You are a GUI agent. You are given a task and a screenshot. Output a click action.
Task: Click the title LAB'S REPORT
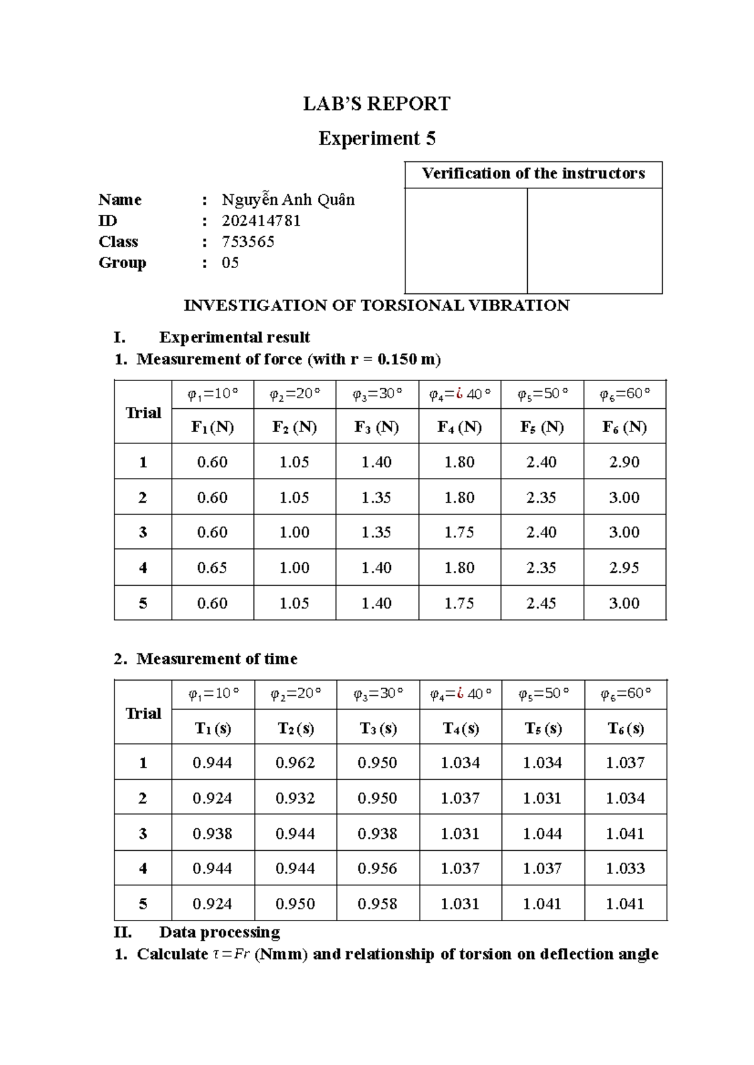click(376, 104)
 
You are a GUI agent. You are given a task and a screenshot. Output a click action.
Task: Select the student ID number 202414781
click(261, 221)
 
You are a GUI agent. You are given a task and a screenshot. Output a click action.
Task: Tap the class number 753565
click(248, 242)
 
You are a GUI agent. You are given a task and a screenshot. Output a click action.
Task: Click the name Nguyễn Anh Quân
click(288, 200)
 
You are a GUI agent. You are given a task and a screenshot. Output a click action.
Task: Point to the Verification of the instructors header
click(533, 174)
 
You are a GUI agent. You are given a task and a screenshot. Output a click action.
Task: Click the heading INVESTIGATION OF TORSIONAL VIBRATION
click(376, 306)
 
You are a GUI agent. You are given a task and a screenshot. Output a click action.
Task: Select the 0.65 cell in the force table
click(212, 568)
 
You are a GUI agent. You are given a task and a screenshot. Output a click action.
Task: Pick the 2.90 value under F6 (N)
click(624, 462)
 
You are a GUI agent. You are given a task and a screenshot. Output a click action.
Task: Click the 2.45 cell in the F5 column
click(541, 603)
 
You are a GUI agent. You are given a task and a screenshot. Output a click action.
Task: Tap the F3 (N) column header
click(376, 427)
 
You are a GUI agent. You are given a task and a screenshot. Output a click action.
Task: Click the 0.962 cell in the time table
click(295, 763)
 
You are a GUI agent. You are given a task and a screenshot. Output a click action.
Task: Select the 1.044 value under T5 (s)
click(542, 833)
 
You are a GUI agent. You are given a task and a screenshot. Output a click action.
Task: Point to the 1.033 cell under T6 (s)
click(625, 868)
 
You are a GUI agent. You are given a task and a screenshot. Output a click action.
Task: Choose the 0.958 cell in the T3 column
click(377, 904)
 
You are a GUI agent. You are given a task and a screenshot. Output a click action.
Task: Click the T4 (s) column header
click(461, 728)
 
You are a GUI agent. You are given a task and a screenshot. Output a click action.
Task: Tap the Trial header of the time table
click(143, 713)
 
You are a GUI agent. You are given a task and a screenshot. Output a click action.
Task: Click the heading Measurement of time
click(217, 659)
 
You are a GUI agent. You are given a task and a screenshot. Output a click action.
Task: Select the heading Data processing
click(219, 932)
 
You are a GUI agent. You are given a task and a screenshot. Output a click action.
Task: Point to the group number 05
click(230, 262)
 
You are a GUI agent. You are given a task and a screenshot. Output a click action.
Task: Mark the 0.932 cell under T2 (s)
click(295, 798)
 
